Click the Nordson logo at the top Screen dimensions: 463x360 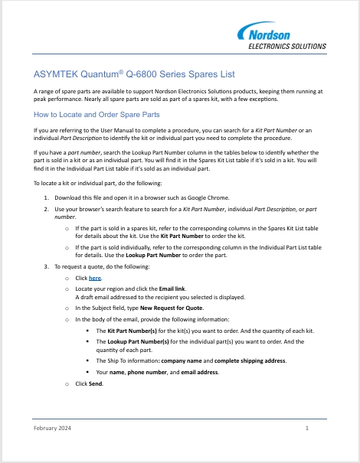tap(282, 33)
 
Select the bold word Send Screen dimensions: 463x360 tap(96, 382)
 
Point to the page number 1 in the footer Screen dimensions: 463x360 tap(306, 428)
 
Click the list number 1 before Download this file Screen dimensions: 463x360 tap(47, 197)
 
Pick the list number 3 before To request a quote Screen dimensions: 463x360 tap(47, 266)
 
